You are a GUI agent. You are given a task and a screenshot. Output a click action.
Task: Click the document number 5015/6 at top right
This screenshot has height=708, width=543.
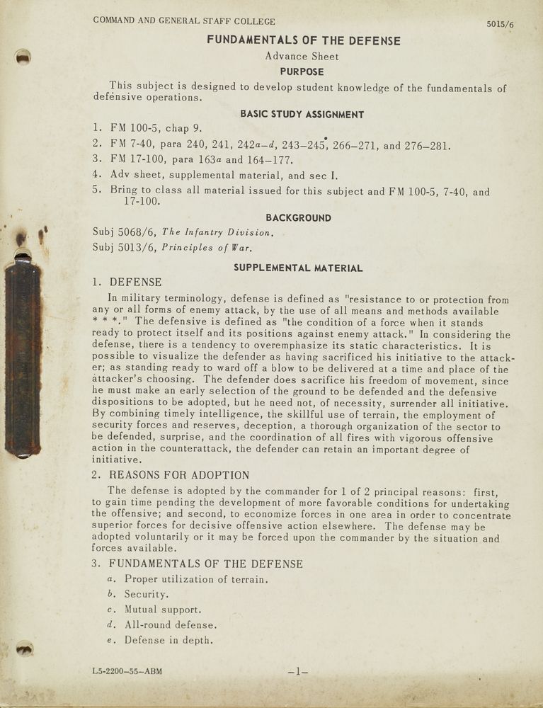500,24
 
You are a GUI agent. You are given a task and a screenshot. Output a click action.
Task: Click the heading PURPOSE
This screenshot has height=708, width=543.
302,72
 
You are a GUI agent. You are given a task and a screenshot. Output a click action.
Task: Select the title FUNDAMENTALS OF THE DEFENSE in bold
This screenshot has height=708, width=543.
303,40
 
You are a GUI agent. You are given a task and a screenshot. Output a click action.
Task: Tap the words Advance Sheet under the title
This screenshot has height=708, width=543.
302,56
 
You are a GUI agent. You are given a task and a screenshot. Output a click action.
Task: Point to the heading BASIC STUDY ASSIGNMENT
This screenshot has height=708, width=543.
302,114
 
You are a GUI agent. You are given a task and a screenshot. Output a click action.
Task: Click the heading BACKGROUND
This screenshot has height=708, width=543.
298,218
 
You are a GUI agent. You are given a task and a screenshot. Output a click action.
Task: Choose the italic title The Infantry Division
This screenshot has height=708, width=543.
217,232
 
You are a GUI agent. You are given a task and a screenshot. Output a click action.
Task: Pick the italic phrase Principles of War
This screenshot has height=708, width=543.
207,248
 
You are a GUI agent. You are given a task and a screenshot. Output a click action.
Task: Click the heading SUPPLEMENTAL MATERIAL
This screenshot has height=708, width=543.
298,268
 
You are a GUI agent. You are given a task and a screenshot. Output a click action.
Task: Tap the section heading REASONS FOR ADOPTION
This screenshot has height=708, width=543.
179,475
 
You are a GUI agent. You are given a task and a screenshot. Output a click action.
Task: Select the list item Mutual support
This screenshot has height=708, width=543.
163,610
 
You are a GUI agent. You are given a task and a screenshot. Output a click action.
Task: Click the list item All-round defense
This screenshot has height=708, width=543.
171,625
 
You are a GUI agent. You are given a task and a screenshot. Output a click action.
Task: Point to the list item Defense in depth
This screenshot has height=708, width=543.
168,641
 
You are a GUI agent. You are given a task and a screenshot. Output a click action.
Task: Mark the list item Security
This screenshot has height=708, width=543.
147,595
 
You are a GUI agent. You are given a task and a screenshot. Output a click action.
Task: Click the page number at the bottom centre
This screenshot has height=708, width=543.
298,670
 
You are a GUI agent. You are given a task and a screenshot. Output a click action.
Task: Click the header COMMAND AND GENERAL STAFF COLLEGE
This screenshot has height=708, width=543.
184,21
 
